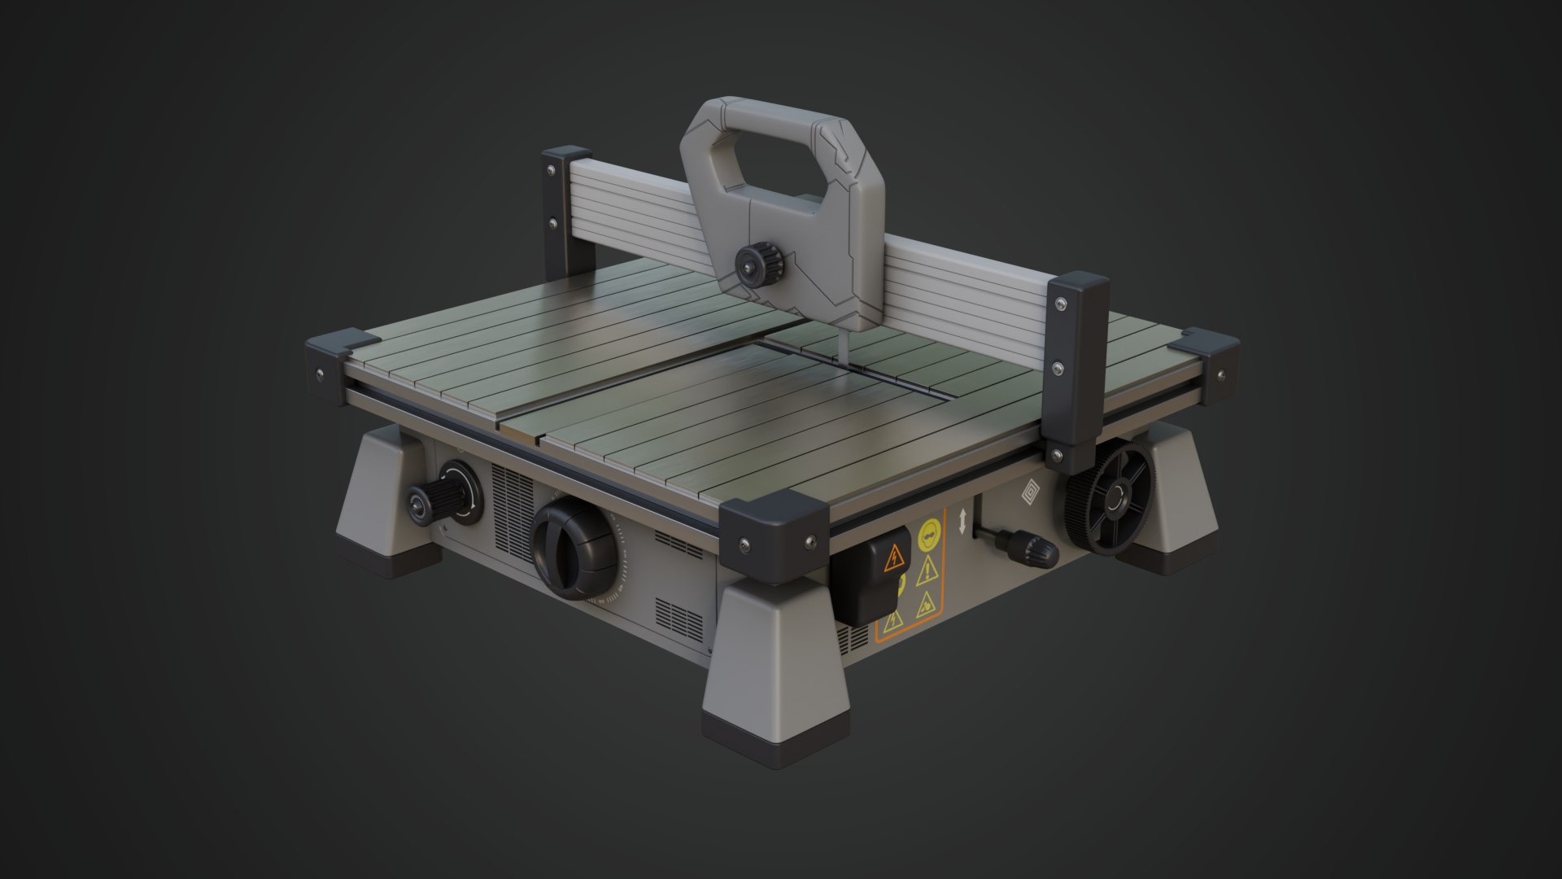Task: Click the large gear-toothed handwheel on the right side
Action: click(1108, 501)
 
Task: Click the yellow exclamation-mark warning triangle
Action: click(926, 574)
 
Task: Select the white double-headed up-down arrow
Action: click(962, 521)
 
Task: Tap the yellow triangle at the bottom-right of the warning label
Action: click(925, 605)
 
